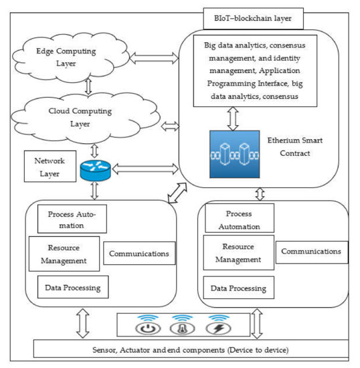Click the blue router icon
click(x=93, y=171)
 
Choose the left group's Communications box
click(x=139, y=254)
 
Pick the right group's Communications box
click(x=310, y=252)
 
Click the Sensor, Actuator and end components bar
click(x=190, y=349)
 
